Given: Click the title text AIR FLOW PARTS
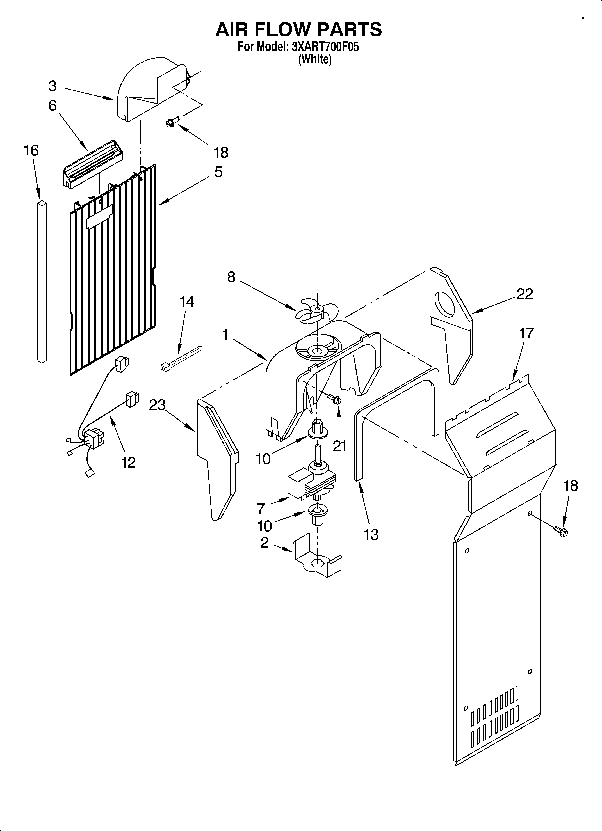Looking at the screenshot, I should (x=298, y=29).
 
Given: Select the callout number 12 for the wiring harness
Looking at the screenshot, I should (x=128, y=462).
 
